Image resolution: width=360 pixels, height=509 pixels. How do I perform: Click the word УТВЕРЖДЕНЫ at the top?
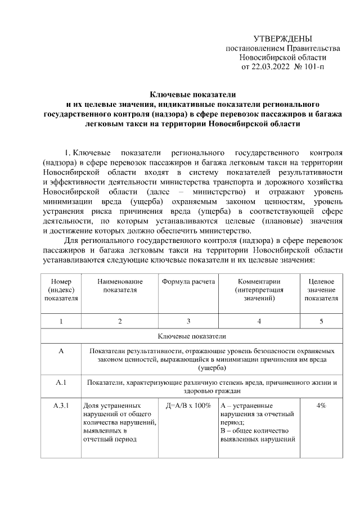(x=282, y=39)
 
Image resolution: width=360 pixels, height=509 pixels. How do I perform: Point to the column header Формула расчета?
(x=188, y=281)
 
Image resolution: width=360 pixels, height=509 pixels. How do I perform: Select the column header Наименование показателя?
(x=120, y=285)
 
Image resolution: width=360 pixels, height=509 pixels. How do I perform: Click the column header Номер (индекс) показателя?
(x=61, y=290)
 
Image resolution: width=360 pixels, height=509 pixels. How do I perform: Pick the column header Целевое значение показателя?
(x=321, y=290)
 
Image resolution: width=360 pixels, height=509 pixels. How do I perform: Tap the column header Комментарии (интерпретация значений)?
(x=259, y=290)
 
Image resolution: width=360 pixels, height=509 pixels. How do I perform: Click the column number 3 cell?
(x=188, y=321)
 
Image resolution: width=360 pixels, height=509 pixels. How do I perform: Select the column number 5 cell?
(x=321, y=321)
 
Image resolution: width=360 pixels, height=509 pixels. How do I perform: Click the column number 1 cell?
(x=61, y=321)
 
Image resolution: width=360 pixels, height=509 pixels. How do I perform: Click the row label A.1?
(x=61, y=383)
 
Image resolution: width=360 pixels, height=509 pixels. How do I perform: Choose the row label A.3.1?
(x=61, y=406)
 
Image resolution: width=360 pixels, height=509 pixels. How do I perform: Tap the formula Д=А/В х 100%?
(x=188, y=406)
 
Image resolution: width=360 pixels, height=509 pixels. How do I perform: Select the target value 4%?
(x=321, y=406)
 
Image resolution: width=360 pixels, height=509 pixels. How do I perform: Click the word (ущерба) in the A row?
(x=212, y=368)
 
